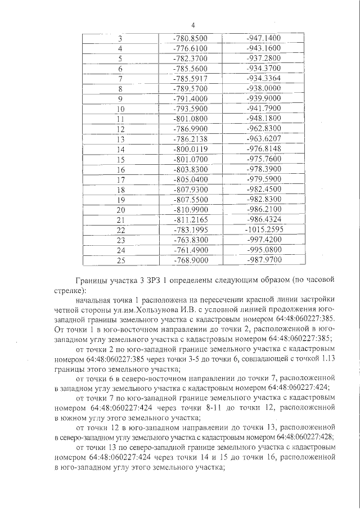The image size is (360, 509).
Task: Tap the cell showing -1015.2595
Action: point(264,229)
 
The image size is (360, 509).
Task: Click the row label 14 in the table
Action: point(120,149)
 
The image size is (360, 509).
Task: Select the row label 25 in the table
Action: point(120,260)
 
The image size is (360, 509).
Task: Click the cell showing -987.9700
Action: point(264,260)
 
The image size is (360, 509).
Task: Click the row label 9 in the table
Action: point(120,98)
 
